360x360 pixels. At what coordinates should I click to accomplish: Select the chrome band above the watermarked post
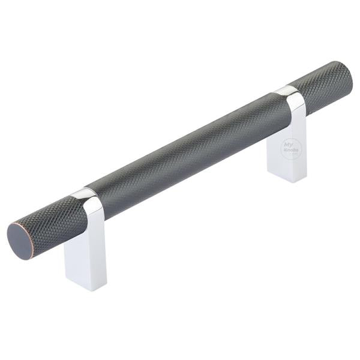[x=289, y=91]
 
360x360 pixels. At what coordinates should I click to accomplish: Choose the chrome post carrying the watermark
[x=287, y=147]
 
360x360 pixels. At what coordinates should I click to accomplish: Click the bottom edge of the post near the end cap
[x=86, y=288]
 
